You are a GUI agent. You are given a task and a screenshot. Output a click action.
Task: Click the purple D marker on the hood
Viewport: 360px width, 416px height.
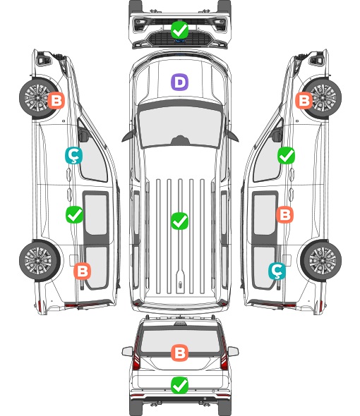coord(179,82)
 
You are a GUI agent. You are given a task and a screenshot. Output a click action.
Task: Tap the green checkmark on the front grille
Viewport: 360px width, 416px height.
coord(179,30)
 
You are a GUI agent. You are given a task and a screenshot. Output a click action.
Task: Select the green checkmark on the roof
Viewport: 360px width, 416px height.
coord(179,221)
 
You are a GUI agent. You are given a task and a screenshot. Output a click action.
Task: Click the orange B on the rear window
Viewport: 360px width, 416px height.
coord(179,353)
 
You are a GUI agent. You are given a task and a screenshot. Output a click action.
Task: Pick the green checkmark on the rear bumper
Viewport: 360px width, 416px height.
coord(179,385)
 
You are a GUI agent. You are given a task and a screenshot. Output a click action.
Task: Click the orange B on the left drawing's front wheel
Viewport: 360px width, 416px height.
coord(56,100)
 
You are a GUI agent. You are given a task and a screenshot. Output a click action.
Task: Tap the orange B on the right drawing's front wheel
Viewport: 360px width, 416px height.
coord(304,100)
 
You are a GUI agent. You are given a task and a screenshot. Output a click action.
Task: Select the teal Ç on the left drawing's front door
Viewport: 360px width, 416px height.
coord(73,156)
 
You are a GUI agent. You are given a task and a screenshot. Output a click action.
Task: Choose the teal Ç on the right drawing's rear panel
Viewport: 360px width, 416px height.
coord(277,271)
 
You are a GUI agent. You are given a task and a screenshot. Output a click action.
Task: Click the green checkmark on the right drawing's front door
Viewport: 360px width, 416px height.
coord(286,155)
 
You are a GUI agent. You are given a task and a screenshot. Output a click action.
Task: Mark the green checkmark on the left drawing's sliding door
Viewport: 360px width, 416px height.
coord(74,214)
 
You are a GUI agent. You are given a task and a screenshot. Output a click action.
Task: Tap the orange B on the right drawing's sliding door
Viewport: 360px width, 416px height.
coord(284,214)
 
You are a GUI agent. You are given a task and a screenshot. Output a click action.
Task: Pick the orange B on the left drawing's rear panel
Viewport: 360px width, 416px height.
coord(82,271)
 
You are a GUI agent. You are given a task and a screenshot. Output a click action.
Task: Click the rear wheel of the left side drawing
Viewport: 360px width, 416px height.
coord(40,261)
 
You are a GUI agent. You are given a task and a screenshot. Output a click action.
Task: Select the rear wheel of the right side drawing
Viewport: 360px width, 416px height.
coord(321,261)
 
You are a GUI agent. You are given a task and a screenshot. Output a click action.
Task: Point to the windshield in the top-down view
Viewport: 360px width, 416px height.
coord(180,127)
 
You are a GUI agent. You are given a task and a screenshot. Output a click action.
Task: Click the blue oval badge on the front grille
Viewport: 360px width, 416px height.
coord(180,41)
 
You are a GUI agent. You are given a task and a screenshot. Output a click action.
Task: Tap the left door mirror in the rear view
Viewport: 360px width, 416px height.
coord(127,351)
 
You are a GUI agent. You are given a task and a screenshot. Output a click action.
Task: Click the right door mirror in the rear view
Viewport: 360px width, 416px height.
coord(233,351)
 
